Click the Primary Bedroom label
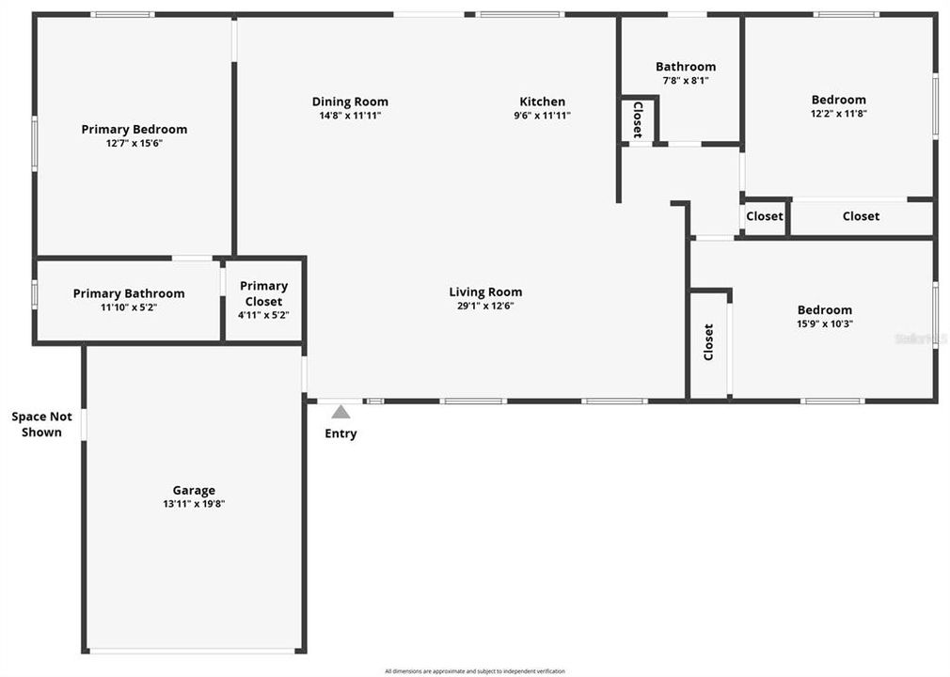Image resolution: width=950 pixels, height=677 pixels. (x=134, y=130)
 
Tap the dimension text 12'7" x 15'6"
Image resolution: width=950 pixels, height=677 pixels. (x=134, y=144)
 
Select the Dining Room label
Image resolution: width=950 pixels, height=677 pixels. (x=350, y=102)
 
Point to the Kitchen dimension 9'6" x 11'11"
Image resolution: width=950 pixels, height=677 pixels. (x=543, y=116)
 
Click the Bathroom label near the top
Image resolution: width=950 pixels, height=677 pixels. (x=685, y=67)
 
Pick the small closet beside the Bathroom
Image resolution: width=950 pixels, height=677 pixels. (x=638, y=119)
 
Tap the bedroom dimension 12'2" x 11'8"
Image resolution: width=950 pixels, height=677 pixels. (x=838, y=114)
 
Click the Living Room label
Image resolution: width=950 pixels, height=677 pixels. (x=485, y=292)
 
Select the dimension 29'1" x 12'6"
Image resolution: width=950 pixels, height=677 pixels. (x=485, y=306)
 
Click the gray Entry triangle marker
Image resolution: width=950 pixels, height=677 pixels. (x=340, y=412)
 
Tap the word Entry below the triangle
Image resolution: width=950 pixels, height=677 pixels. (x=340, y=433)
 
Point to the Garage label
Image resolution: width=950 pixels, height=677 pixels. (x=194, y=490)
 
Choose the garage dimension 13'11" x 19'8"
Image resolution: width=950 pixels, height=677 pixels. (x=194, y=504)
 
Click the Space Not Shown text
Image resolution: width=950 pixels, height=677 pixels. (x=41, y=424)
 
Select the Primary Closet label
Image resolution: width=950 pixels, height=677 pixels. (x=263, y=293)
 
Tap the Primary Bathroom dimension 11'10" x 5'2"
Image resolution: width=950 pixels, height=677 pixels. (x=129, y=307)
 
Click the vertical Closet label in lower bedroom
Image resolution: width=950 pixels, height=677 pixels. (x=709, y=342)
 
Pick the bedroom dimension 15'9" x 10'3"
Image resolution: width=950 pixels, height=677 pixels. (x=824, y=324)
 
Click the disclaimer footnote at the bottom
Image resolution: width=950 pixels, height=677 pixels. (x=475, y=670)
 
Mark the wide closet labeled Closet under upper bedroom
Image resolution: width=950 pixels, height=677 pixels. (x=861, y=216)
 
